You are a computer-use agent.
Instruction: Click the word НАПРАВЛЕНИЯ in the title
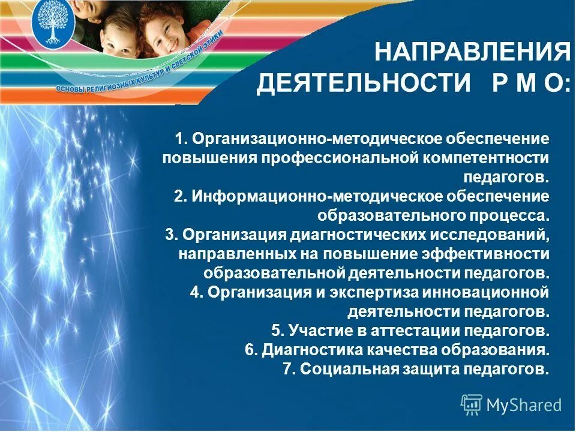point(472,53)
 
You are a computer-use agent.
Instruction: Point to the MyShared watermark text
point(524,405)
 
